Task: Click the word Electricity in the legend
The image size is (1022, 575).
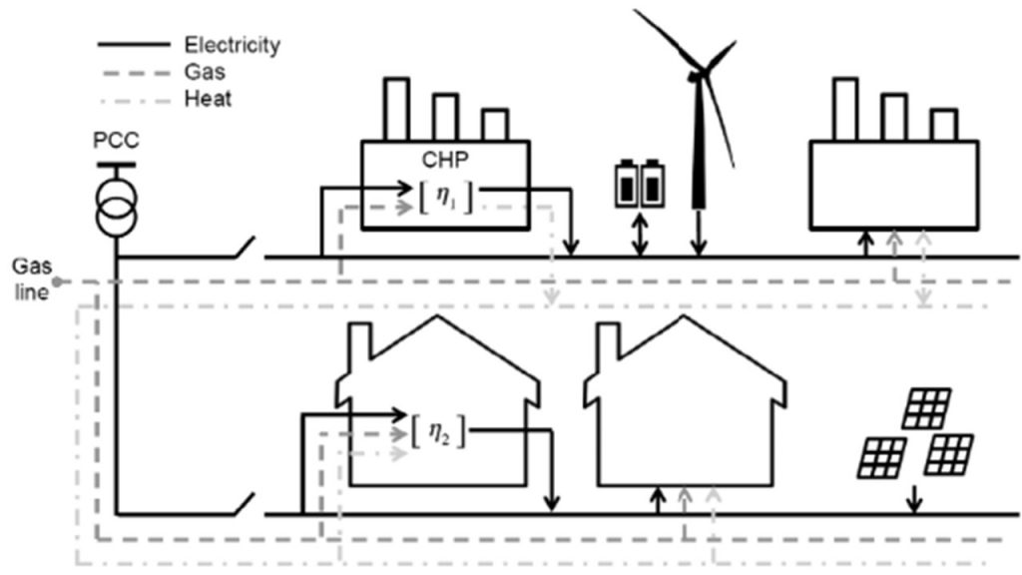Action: click(x=232, y=45)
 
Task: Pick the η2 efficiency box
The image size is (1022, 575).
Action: click(x=439, y=434)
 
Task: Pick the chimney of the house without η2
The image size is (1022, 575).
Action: click(x=610, y=342)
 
